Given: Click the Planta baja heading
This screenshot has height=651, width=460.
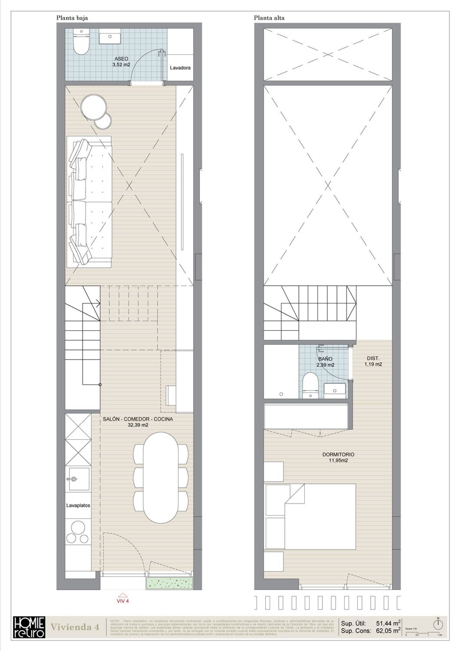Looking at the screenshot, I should [72, 18].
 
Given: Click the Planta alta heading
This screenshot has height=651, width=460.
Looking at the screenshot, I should [269, 18].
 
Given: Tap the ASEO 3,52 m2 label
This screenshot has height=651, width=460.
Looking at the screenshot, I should [121, 61].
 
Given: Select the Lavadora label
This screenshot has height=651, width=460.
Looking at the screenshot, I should [180, 68].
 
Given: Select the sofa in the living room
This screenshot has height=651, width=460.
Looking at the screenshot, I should [89, 202].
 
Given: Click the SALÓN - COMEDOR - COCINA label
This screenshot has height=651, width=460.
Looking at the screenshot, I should [138, 422].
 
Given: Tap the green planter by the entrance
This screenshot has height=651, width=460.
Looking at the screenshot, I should [170, 584].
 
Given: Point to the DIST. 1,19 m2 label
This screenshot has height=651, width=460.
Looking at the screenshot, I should [373, 361].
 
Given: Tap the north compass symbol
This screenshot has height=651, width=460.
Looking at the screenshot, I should [438, 624].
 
